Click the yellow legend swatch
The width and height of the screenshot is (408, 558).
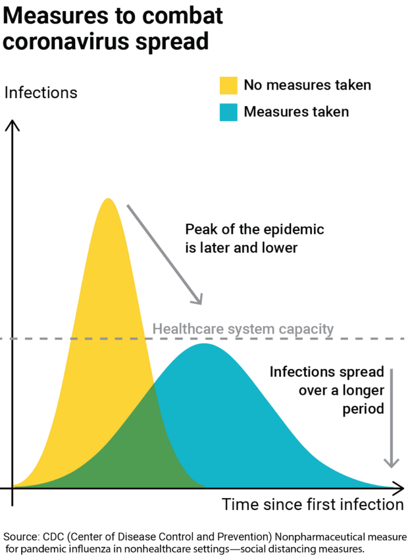(x=229, y=85)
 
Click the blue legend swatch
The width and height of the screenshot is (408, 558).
(x=229, y=112)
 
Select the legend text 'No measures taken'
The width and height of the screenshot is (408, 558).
(x=307, y=86)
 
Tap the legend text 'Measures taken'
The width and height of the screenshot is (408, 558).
(x=296, y=112)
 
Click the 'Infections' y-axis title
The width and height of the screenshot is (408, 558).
(x=41, y=93)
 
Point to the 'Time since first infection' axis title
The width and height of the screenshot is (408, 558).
(x=313, y=504)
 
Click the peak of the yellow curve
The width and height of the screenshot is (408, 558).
(x=109, y=198)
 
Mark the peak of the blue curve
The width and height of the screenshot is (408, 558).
(x=203, y=344)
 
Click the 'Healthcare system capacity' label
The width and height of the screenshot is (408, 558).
(x=243, y=329)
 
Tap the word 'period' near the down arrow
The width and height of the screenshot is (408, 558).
(x=364, y=408)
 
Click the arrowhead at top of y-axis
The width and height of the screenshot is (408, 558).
(x=13, y=125)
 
